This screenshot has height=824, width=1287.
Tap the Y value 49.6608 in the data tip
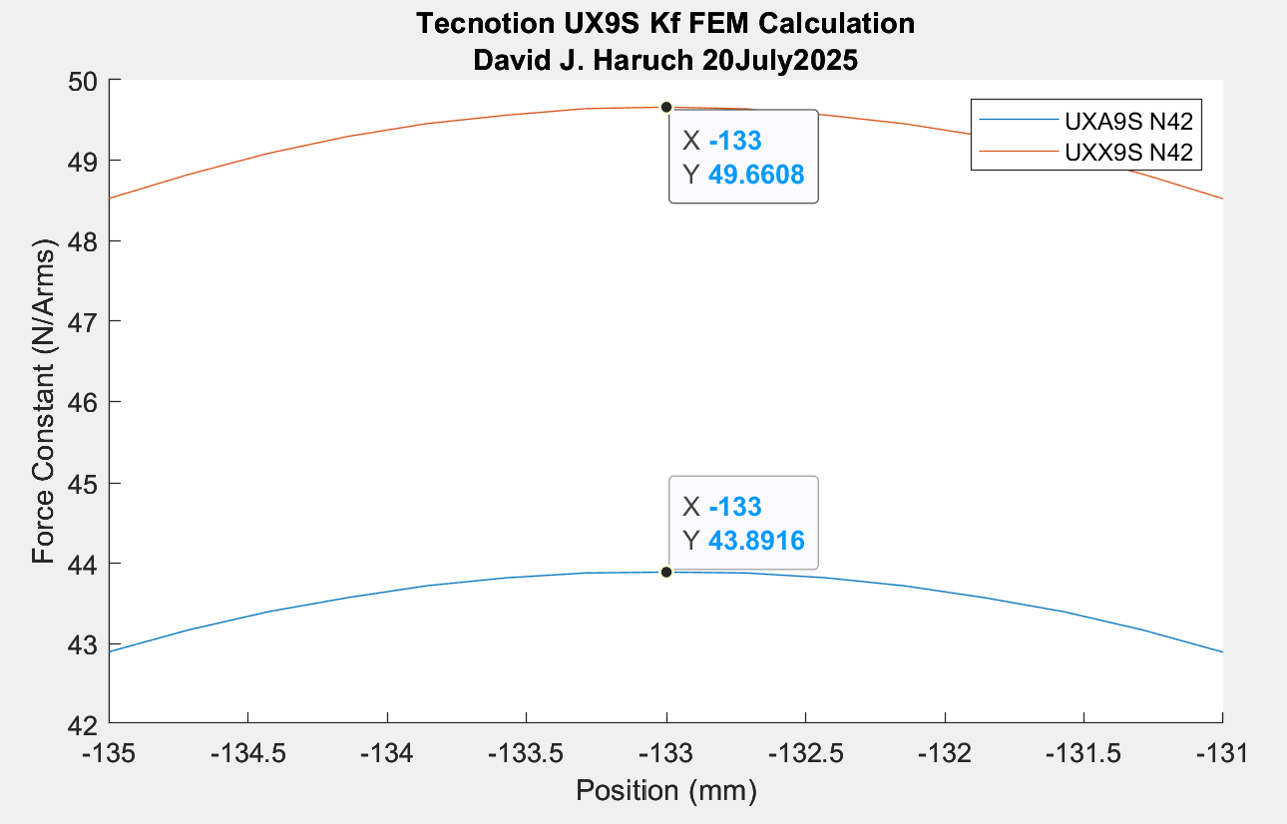pos(756,176)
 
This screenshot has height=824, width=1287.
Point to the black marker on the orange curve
pos(666,107)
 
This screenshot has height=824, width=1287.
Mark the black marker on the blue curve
pos(666,572)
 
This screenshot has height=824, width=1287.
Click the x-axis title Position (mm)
pos(665,791)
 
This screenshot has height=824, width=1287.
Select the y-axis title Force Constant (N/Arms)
pos(45,401)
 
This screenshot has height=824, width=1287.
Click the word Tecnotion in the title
pos(477,23)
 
